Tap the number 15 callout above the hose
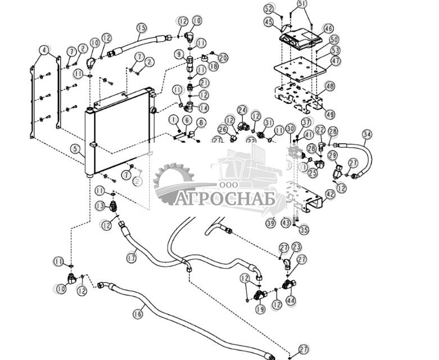(x=141, y=28)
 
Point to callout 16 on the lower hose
(x=138, y=314)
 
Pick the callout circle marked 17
(x=131, y=258)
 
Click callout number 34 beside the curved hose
(x=367, y=134)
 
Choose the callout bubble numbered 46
(x=328, y=29)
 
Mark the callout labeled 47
(x=336, y=61)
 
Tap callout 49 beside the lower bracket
(x=329, y=115)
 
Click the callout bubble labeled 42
(x=330, y=194)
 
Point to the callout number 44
(x=290, y=300)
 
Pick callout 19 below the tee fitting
(x=260, y=309)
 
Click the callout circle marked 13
(x=100, y=206)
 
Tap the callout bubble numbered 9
(x=179, y=54)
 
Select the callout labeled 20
(x=223, y=58)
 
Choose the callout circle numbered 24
(x=242, y=110)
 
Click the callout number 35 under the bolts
(x=304, y=229)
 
